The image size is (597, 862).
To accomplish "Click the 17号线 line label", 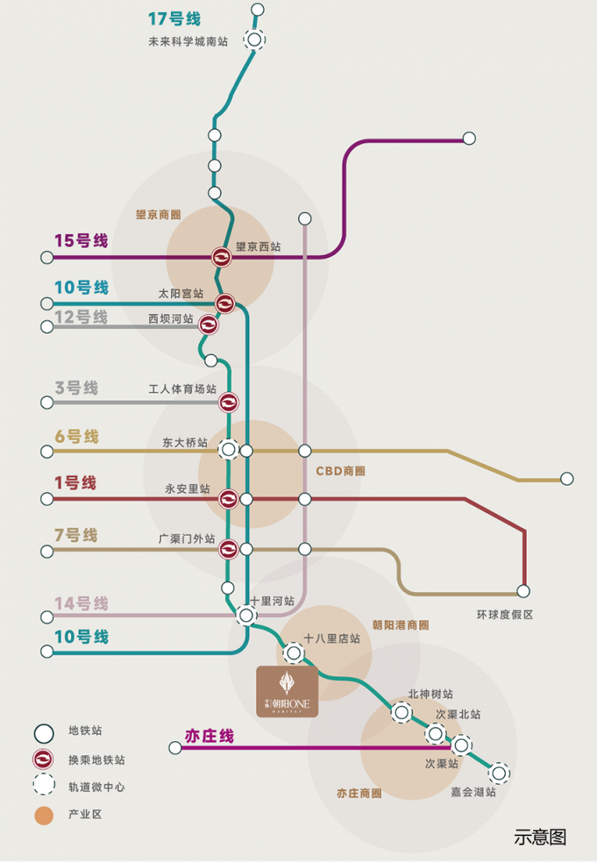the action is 175,19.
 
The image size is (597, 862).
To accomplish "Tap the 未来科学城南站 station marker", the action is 254,40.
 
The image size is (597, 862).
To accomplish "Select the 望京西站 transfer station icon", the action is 222,257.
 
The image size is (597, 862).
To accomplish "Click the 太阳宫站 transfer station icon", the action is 225,303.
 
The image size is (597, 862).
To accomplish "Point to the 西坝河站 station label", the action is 171,319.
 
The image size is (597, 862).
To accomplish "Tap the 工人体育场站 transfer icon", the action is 228,402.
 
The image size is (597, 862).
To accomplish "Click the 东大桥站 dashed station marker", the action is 228,449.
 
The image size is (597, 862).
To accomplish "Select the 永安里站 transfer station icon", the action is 228,499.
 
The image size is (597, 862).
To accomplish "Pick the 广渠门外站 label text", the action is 187,538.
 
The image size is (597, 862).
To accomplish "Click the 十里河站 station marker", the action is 246,615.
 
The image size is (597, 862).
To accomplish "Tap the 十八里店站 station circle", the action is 294,653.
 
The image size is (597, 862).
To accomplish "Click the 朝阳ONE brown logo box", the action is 287,692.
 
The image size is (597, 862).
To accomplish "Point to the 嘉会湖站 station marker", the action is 499,773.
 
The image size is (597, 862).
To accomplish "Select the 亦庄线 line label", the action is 209,736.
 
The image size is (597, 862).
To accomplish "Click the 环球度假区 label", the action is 504,615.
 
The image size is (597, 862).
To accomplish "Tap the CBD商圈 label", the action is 341,471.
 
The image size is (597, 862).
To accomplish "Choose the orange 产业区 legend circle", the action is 44,815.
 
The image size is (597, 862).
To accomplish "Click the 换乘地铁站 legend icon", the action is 43,759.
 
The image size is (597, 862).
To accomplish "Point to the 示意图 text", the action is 540,837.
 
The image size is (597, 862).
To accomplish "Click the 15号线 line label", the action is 81,241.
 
